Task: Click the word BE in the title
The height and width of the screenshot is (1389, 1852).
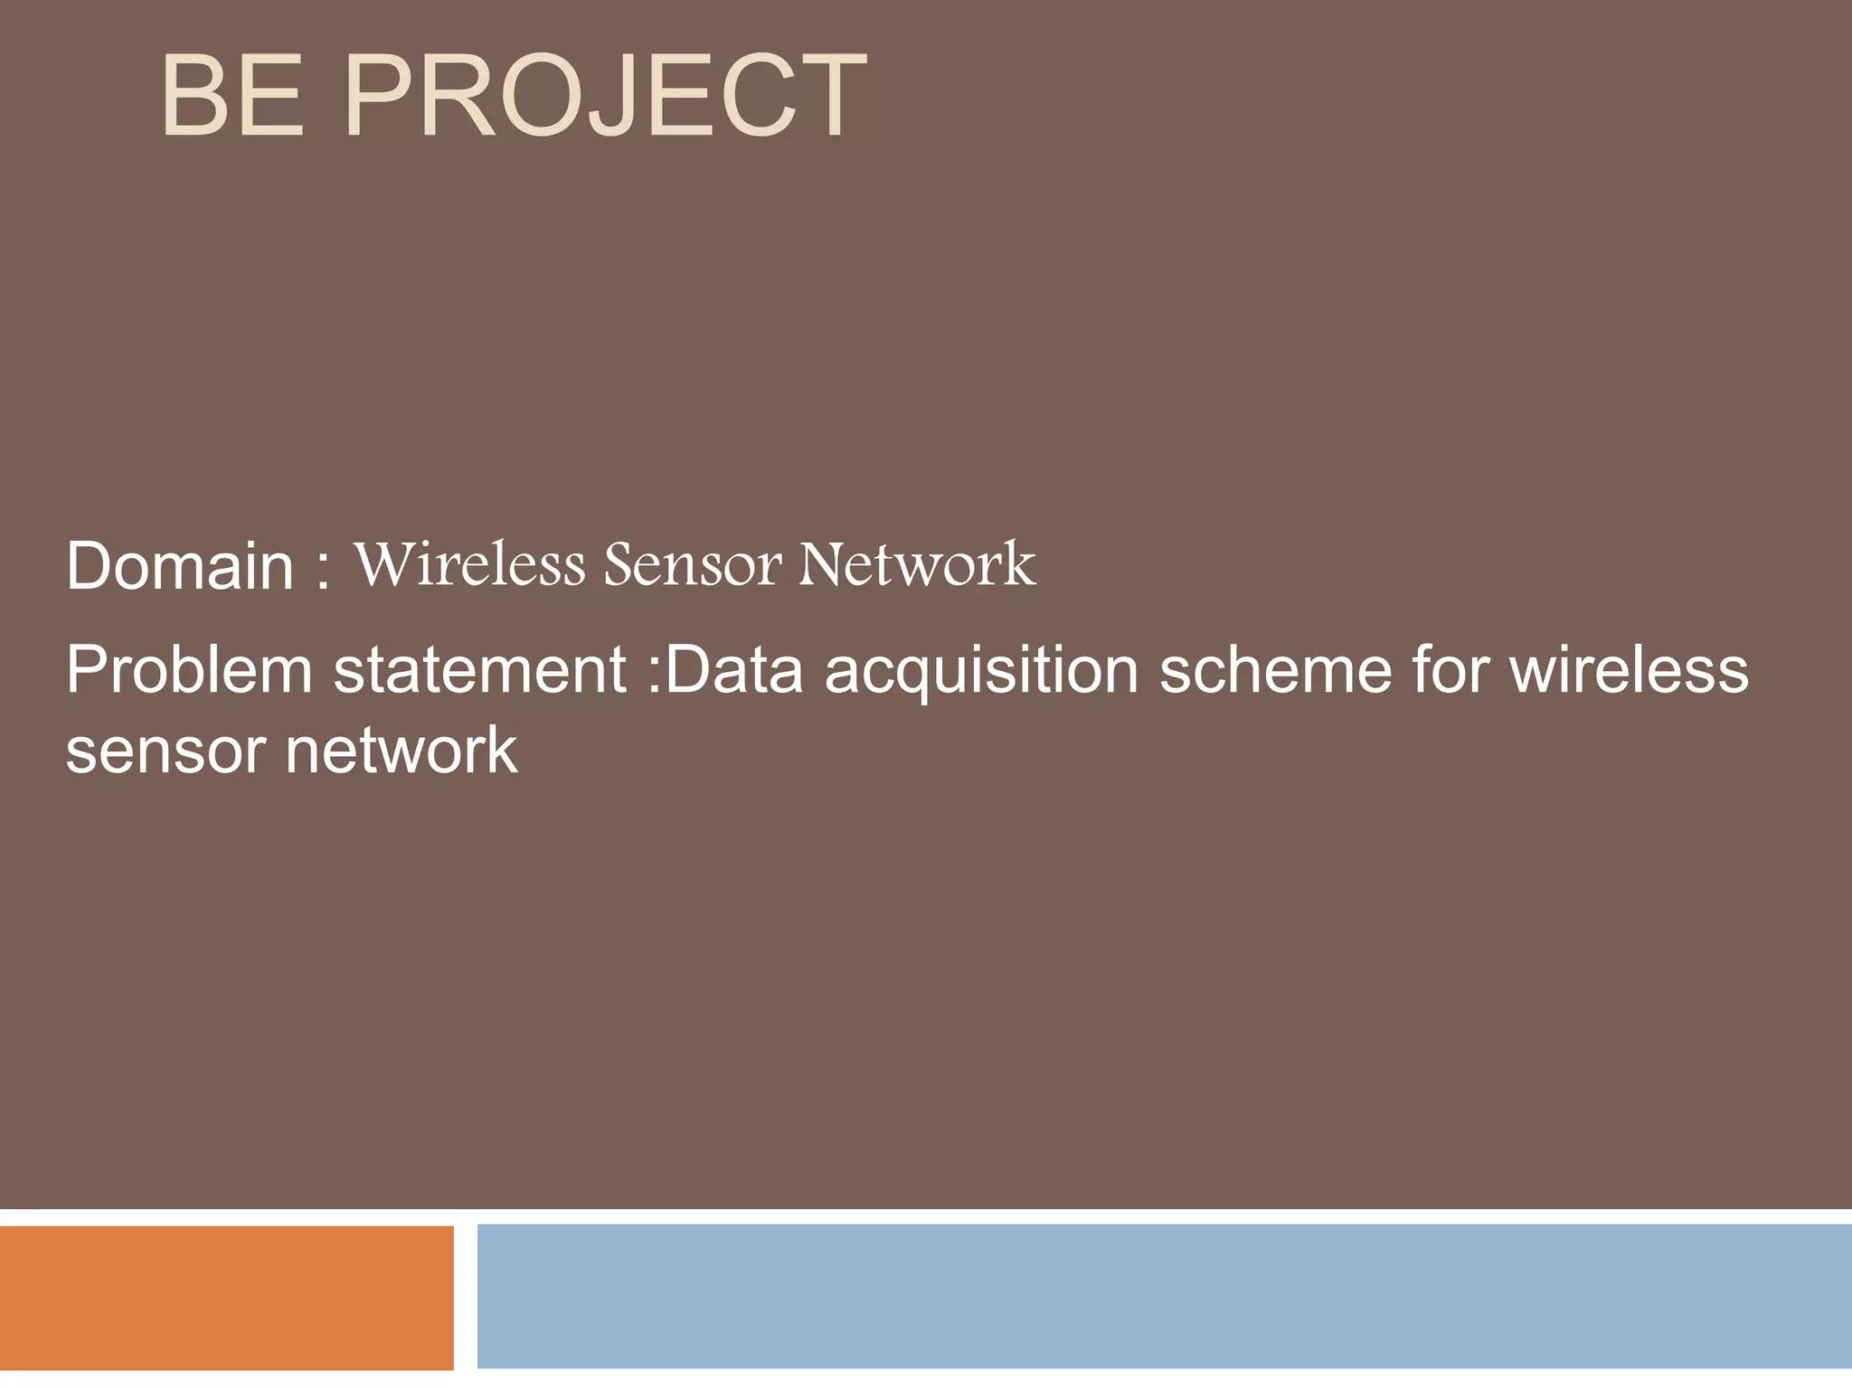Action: pos(231,96)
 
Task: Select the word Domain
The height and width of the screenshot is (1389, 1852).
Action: pos(180,566)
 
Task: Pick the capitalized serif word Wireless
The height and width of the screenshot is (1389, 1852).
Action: pos(470,564)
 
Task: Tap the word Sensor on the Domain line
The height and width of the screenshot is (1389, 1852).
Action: pos(693,564)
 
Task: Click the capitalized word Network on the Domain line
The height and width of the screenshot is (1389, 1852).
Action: pos(917,564)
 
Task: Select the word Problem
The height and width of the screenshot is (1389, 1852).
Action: pos(188,671)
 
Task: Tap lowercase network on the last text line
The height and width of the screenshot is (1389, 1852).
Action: pos(402,751)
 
